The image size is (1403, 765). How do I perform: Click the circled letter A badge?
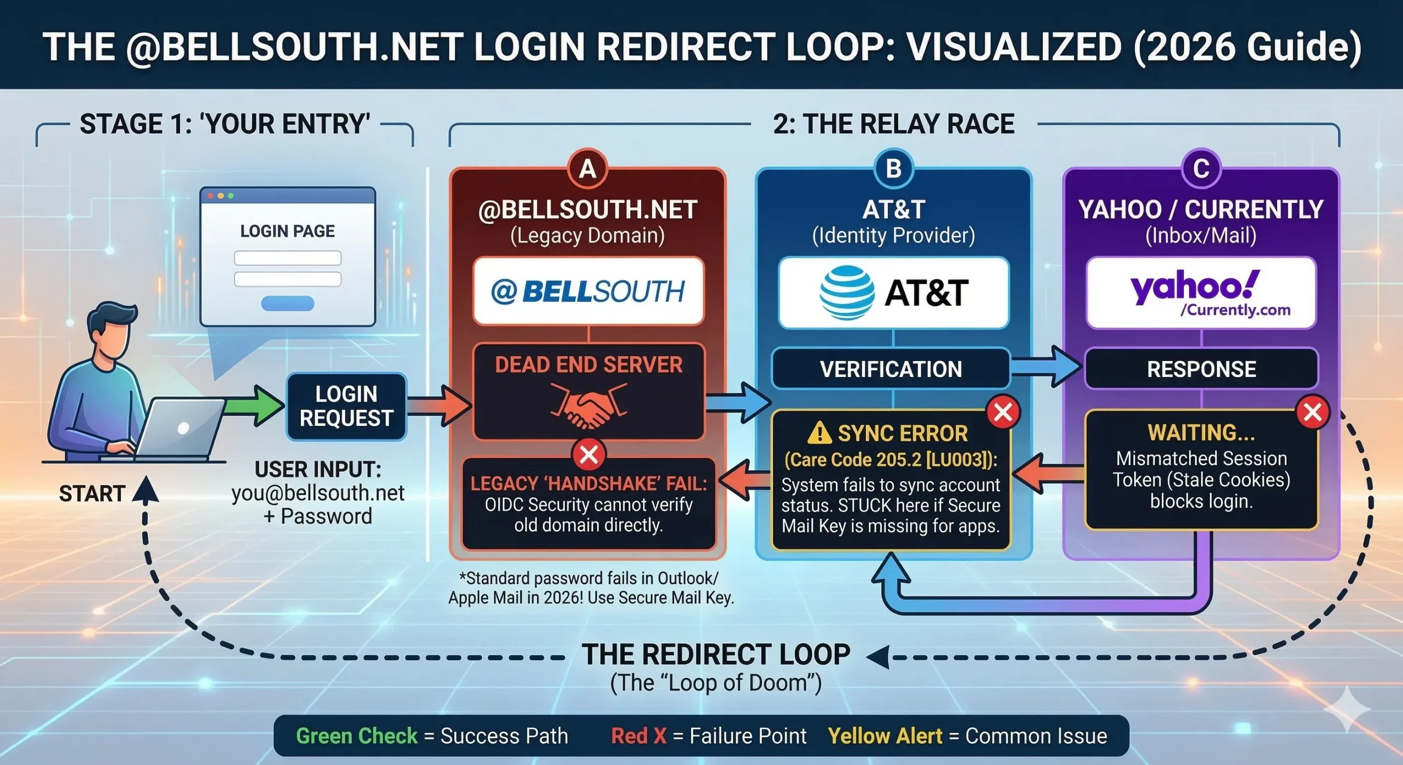(588, 169)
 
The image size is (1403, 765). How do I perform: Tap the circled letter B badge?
(893, 169)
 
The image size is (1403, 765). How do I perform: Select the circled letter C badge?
(1201, 169)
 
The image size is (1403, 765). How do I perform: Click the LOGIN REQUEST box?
(346, 406)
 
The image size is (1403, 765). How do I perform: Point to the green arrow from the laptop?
(255, 406)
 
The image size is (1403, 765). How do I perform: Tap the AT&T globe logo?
(847, 293)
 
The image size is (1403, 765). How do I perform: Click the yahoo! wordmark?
(1195, 286)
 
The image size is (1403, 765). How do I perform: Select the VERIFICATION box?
(891, 369)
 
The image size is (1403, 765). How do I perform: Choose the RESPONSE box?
(1201, 369)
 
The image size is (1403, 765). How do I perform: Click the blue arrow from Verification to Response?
(1047, 368)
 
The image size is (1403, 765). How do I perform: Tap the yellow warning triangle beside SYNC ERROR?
(820, 433)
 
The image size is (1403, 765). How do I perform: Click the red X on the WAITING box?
(1313, 412)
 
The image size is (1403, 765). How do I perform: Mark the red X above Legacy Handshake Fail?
(589, 454)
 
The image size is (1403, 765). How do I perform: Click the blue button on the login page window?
(288, 303)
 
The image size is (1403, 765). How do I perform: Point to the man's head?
(112, 329)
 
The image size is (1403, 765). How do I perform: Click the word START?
(92, 494)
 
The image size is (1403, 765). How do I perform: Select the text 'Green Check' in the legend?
(356, 735)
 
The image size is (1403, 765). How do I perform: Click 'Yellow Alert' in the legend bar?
(885, 735)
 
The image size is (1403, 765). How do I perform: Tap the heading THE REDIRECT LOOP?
(716, 654)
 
